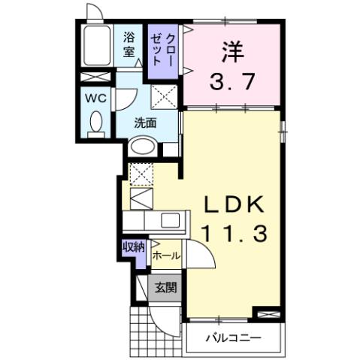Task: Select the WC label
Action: (95, 98)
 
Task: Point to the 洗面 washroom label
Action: (145, 123)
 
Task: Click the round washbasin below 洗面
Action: (140, 148)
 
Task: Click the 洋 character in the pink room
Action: (232, 50)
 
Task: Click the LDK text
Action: (232, 204)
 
